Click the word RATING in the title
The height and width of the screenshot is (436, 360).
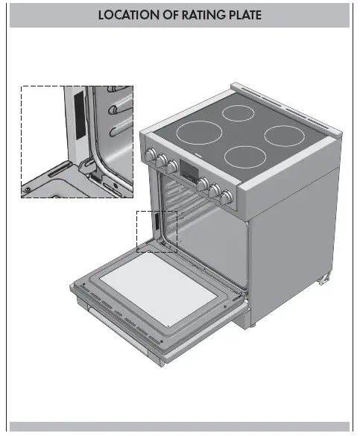point(195,14)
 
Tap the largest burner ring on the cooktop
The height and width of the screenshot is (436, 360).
point(200,136)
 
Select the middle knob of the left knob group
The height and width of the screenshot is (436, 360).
point(161,160)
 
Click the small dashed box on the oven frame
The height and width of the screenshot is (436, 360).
point(157,231)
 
